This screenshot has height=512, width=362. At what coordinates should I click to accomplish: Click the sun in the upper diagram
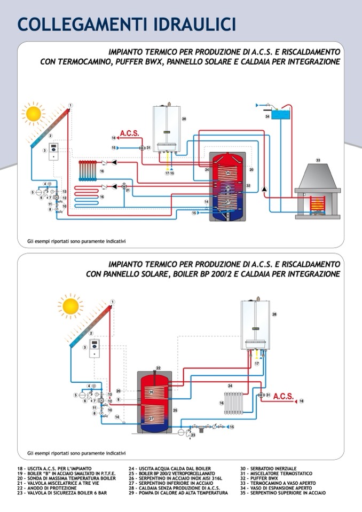point(34,114)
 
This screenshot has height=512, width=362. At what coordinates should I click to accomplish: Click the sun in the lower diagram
point(71,306)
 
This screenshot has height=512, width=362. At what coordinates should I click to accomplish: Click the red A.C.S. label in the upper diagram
point(129,133)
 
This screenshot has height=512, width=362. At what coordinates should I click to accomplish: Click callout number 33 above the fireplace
point(318,160)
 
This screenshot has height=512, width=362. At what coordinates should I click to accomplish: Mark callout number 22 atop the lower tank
point(158,368)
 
